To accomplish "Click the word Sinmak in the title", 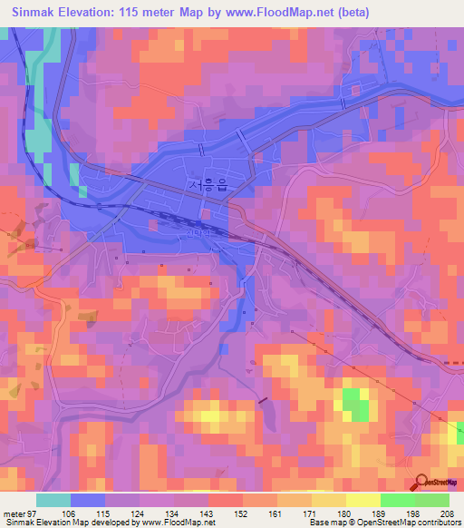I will [36, 13].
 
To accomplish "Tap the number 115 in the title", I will [157, 13].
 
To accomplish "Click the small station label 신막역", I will [197, 232].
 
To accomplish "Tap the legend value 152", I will [242, 513].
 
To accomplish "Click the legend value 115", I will [105, 513].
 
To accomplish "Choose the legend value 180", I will [343, 513].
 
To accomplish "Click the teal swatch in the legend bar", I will [53, 500].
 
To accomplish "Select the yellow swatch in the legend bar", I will [362, 500].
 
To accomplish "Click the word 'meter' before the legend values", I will [14, 513].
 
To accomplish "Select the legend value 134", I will [172, 513].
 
